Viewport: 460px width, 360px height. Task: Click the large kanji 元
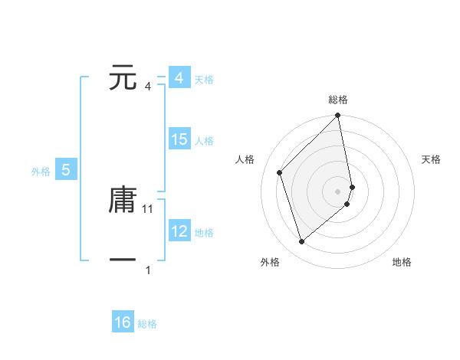[x=123, y=78]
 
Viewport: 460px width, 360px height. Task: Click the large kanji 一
[x=123, y=260]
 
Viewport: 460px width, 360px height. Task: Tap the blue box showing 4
[x=179, y=78]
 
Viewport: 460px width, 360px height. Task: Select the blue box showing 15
[x=179, y=139]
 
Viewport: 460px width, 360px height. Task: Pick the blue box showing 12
[x=179, y=231]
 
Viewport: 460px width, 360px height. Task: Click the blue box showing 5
[x=66, y=170]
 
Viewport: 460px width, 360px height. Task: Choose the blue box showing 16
[x=123, y=322]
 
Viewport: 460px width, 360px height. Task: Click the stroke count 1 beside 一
[x=148, y=270]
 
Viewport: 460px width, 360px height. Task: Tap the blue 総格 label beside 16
[x=147, y=324]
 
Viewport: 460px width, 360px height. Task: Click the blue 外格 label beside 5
[x=41, y=172]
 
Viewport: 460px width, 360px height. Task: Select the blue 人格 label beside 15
[x=205, y=141]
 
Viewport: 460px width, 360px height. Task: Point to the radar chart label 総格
[x=338, y=100]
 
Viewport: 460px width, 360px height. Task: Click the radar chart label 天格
[x=431, y=159]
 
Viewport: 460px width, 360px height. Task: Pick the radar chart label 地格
[x=402, y=262]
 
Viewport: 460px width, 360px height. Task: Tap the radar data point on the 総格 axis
[x=338, y=116]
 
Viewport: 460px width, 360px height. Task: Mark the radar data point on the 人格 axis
[x=280, y=172]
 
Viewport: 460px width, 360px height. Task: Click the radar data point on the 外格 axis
[x=301, y=242]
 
